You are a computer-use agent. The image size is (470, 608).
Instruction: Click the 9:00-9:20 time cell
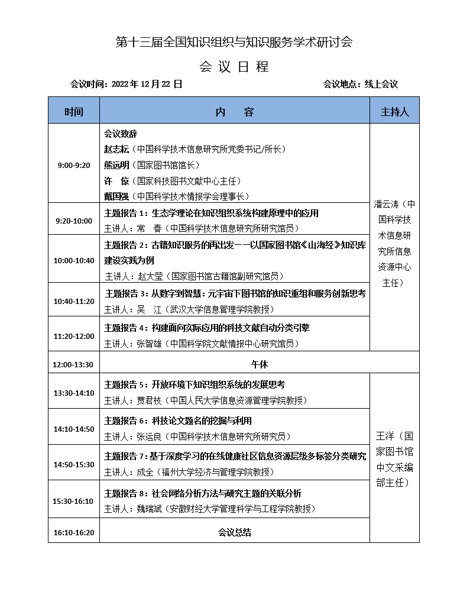click(74, 165)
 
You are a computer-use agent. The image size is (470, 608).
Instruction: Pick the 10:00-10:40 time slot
click(74, 260)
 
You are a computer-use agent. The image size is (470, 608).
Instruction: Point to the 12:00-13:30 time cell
click(73, 364)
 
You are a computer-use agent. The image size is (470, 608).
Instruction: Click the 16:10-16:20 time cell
click(74, 532)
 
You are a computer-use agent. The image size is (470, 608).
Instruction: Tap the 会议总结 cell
click(235, 532)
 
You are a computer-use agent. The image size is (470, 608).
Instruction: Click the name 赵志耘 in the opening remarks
click(116, 150)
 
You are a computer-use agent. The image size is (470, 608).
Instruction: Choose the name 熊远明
click(116, 165)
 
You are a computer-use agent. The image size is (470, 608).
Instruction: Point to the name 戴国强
click(116, 196)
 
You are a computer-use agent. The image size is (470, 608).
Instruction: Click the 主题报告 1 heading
click(125, 213)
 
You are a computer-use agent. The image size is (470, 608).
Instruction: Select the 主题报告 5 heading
click(125, 384)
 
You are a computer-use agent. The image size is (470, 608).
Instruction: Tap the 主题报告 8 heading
click(125, 493)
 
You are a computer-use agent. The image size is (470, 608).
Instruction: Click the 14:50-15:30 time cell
click(74, 464)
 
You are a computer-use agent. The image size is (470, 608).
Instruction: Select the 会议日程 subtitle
click(234, 66)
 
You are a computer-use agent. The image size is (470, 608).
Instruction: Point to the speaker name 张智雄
click(148, 344)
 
